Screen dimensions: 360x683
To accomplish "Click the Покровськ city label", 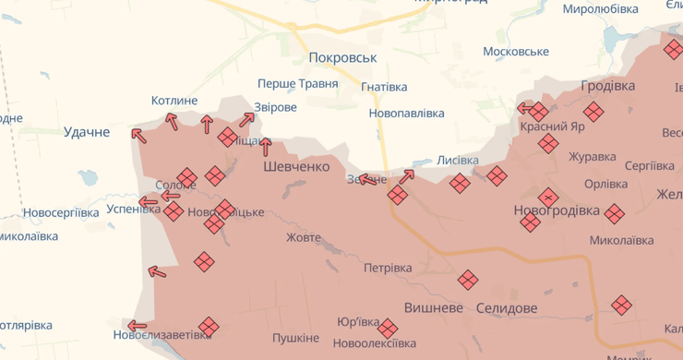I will (343, 57).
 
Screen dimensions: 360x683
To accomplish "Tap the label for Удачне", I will (87, 132).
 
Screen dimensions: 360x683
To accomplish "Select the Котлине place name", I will (174, 101).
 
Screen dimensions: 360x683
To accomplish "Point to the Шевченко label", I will (296, 166).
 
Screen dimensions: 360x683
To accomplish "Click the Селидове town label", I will (507, 306).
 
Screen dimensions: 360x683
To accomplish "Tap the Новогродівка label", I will (557, 210).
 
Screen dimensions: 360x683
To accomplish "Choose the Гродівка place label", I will (608, 86).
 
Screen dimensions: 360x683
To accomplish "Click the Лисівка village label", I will (458, 160).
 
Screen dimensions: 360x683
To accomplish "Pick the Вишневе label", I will (433, 306).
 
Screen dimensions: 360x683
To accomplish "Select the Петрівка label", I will (388, 269).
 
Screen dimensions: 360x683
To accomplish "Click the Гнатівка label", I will (384, 87).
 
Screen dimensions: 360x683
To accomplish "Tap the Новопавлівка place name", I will (406, 114).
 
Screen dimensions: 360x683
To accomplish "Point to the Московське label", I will (516, 51).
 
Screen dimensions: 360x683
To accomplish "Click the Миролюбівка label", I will (600, 9).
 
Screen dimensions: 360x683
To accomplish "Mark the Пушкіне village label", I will (295, 338).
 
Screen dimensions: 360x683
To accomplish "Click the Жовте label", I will (304, 238).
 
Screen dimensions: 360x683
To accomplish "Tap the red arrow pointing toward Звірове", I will (247, 118).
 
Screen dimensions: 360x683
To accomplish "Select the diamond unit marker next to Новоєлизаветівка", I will (210, 326).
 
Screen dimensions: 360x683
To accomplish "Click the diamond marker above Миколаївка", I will (615, 214).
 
